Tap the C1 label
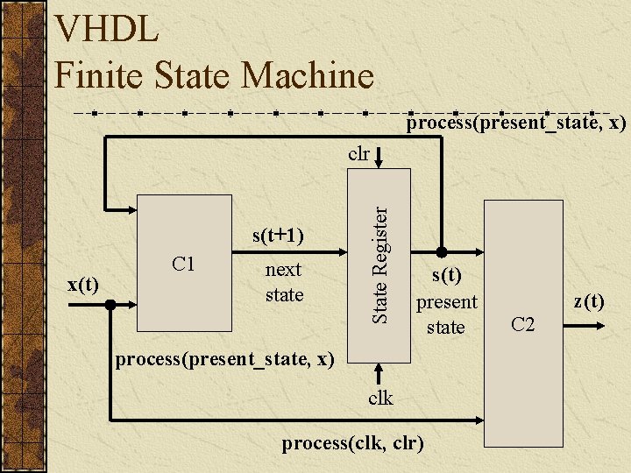point(183,264)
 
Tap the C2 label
point(522,325)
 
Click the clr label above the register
point(358,154)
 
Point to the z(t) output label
point(588,302)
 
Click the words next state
point(284,282)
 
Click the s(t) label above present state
point(446,275)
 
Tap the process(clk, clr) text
point(352,443)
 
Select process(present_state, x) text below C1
point(225,359)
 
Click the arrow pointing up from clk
point(380,372)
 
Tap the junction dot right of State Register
point(441,249)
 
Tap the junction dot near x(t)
point(110,305)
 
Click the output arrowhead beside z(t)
point(599,325)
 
